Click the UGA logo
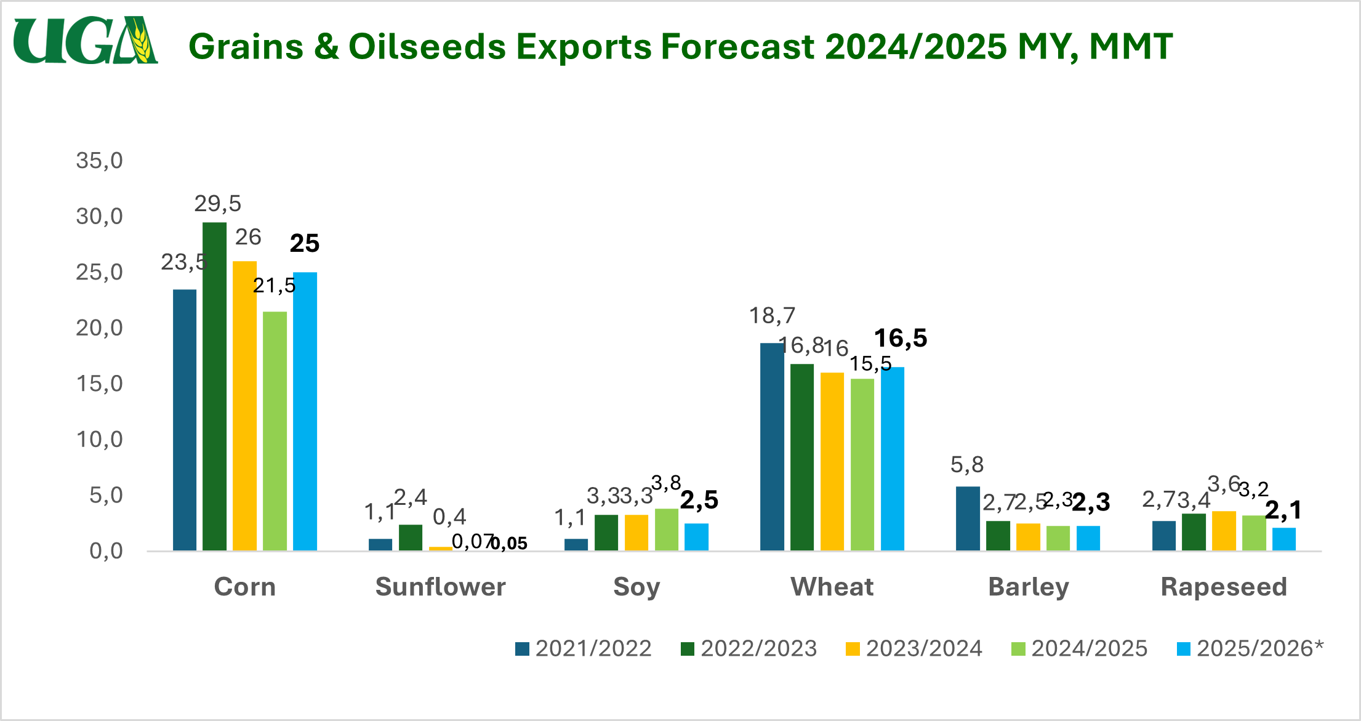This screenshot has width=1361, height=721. click(86, 41)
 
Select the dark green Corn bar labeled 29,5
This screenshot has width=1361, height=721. click(214, 386)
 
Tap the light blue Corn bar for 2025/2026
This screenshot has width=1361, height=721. click(305, 411)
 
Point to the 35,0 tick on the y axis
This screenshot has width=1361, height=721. click(99, 161)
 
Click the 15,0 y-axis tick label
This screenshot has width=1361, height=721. click(99, 384)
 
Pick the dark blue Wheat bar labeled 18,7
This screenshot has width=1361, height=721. click(772, 446)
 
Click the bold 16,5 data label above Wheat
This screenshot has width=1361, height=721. click(901, 338)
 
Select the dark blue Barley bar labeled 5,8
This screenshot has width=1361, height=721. click(968, 518)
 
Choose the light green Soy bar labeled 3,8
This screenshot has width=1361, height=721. click(666, 530)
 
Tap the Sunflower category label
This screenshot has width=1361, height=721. click(440, 587)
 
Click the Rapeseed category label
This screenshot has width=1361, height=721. click(1224, 587)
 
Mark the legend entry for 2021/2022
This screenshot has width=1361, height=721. click(584, 649)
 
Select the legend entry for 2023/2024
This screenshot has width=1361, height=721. click(914, 649)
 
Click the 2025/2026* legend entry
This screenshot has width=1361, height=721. click(1250, 649)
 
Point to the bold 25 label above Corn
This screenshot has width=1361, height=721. click(305, 244)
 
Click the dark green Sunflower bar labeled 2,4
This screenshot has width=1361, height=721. click(411, 538)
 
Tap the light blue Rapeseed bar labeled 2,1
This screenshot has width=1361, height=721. click(1284, 539)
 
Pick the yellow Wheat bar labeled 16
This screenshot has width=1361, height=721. click(832, 461)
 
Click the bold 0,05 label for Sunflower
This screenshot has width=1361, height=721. click(509, 544)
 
